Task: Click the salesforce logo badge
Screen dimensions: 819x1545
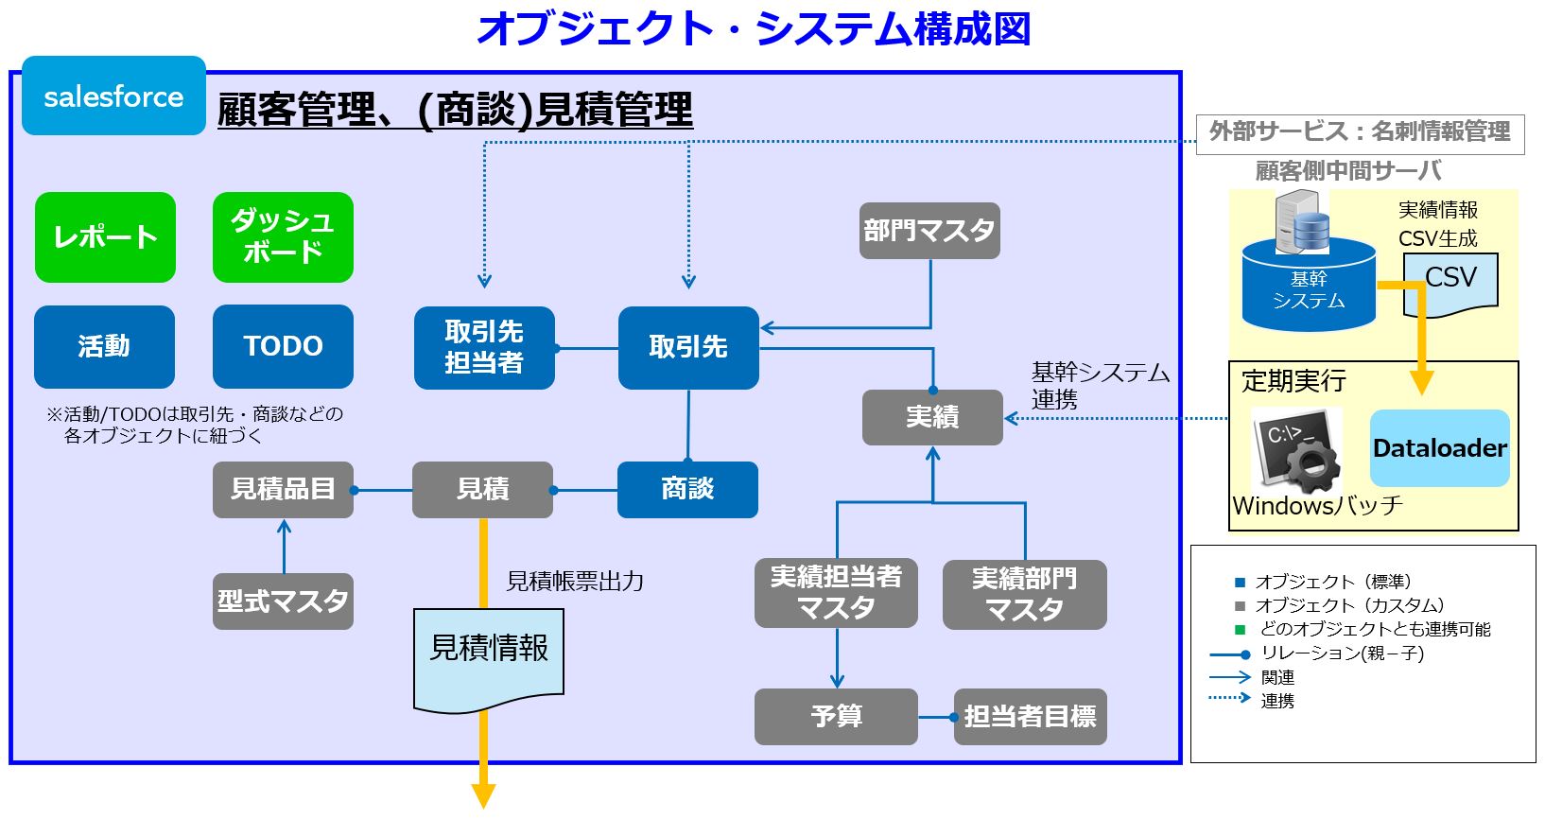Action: coord(113,96)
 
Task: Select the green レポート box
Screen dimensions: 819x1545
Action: coord(105,237)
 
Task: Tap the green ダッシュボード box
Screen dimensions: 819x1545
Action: coord(283,237)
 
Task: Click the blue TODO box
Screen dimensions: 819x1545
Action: coord(283,346)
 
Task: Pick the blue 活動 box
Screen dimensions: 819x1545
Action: coord(104,346)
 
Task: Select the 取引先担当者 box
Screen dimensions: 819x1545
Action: coord(484,347)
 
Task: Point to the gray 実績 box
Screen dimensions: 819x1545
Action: coord(932,417)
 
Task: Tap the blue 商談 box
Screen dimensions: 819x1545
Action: coord(687,489)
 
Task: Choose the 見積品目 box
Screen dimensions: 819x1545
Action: coord(283,489)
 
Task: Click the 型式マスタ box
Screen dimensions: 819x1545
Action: coord(283,601)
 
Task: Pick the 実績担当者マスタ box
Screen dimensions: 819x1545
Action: coord(836,593)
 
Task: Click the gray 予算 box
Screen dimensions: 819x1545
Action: coord(836,716)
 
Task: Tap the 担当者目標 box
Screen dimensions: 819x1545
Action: coord(1030,716)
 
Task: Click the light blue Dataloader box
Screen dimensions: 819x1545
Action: coord(1439,448)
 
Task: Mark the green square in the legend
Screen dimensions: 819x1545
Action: coord(1241,630)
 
